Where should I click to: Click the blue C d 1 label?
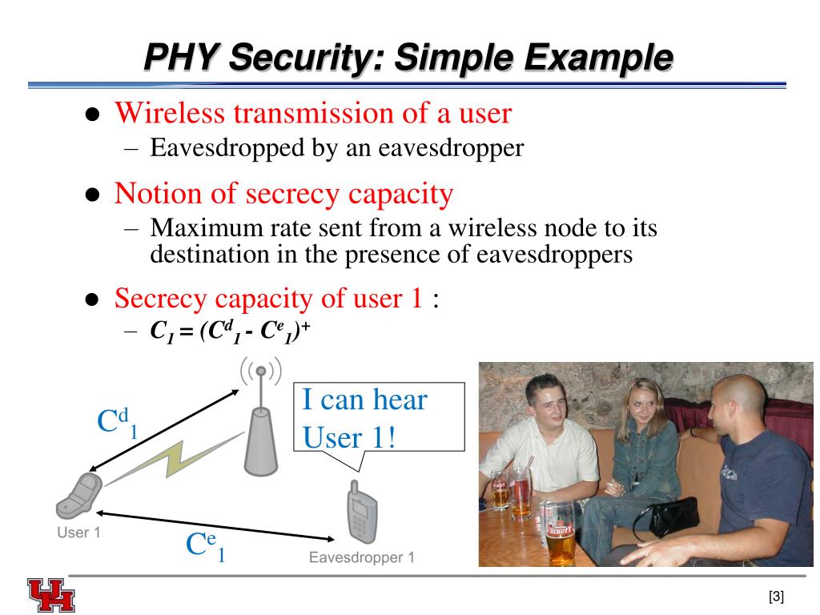pos(117,424)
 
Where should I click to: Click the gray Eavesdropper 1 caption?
pos(362,558)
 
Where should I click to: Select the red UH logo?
pos(50,595)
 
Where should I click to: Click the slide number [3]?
pos(775,597)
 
